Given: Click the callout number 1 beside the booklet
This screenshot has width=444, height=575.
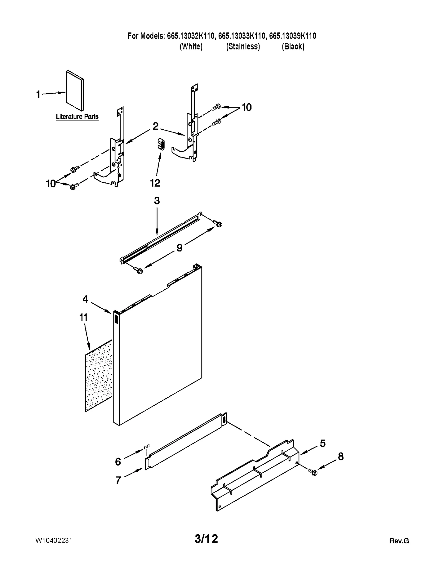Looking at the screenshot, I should tap(38, 95).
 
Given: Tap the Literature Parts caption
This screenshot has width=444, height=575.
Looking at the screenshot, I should tap(77, 117).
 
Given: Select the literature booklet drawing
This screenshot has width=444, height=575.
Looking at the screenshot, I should tap(75, 91).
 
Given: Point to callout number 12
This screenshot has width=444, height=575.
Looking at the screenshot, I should tap(155, 183).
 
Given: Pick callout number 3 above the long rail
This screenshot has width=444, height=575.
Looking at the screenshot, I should tap(157, 201).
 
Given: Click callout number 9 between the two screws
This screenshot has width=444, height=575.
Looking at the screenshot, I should tap(180, 248).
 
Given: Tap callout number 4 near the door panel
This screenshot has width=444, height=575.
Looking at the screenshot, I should tap(85, 299).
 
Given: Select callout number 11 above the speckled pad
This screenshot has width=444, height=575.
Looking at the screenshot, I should tap(83, 317).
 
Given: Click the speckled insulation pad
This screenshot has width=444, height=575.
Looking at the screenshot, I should tap(99, 376).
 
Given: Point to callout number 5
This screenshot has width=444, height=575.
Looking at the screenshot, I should tap(322, 443).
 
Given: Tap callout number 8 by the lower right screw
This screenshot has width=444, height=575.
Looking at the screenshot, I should tap(340, 456).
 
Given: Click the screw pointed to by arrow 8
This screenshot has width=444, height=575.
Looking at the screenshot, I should tap(313, 471).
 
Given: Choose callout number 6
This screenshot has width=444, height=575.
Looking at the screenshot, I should tap(118, 462).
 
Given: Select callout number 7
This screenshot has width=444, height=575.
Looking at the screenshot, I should tap(118, 480).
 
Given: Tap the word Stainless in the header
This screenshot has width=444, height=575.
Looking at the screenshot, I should tap(243, 46).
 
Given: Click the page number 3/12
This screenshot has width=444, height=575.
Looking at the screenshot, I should tap(206, 539).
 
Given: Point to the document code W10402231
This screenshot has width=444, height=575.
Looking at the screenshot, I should tap(54, 540).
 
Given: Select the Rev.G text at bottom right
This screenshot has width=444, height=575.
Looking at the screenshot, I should tap(399, 541).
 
